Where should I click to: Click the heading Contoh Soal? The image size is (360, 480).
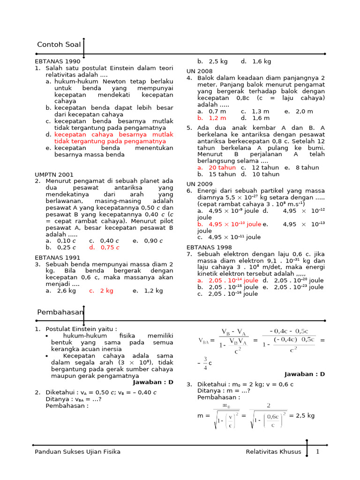[x=59, y=45]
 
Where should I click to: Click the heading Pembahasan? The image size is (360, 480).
[x=60, y=312]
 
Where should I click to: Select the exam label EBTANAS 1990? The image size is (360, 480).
[x=58, y=61]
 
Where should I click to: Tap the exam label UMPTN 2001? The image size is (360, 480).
[x=54, y=174]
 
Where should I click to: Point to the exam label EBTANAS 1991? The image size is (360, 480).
[x=58, y=257]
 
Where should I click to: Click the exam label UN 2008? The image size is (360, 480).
[x=199, y=71]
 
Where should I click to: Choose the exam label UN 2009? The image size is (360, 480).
[x=199, y=184]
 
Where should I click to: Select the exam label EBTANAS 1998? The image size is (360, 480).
[x=209, y=247]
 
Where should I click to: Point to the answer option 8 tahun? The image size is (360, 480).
[x=307, y=167]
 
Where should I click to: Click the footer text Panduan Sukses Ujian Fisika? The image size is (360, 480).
[x=78, y=451]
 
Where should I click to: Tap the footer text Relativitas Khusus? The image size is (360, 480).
[x=273, y=451]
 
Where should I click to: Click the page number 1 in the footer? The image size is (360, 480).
[x=317, y=451]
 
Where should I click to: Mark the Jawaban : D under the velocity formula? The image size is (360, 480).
[x=305, y=374]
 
